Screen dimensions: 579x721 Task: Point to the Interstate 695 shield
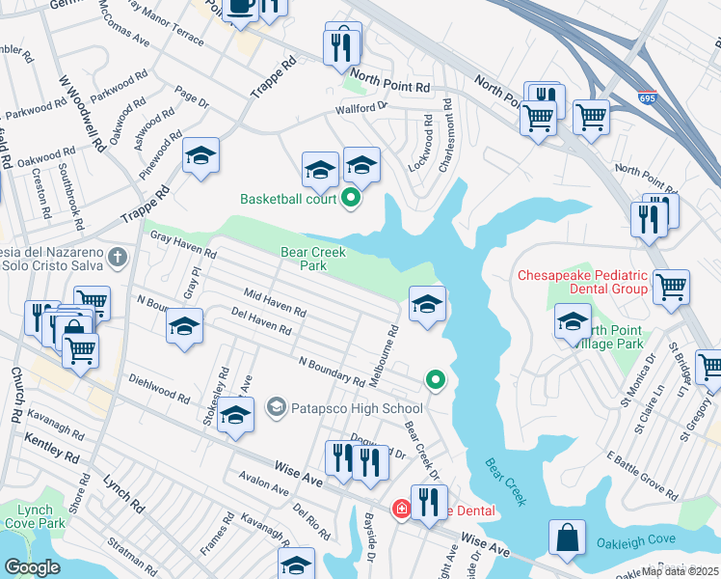tap(648, 98)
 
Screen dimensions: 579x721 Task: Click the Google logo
tap(32, 568)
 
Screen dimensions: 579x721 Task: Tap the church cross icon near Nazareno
tap(117, 257)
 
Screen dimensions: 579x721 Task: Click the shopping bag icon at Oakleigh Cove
tap(567, 538)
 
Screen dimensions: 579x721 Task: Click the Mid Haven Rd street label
tap(275, 304)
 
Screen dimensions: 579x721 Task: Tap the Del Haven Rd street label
tap(261, 321)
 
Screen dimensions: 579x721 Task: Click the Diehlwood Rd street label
tap(159, 389)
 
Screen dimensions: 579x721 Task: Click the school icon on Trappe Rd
tap(200, 156)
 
